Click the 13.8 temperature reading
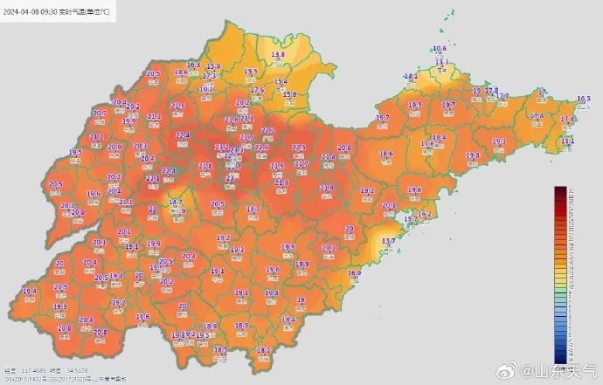pos(278,54)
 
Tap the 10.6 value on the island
pos(440,49)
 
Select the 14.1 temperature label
pos(410,76)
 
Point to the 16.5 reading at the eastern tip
pos(583,99)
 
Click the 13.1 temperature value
pos(567,141)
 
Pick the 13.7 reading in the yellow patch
pos(390,241)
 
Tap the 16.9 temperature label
pos(354,273)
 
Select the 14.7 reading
pos(176,202)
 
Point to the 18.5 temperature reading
pos(220,349)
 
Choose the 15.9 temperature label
pos(213,66)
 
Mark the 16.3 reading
pos(194,65)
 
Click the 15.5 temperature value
pos(251,71)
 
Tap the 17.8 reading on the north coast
pos(491,90)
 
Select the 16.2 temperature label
pos(425,214)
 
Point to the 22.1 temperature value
pos(268,130)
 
